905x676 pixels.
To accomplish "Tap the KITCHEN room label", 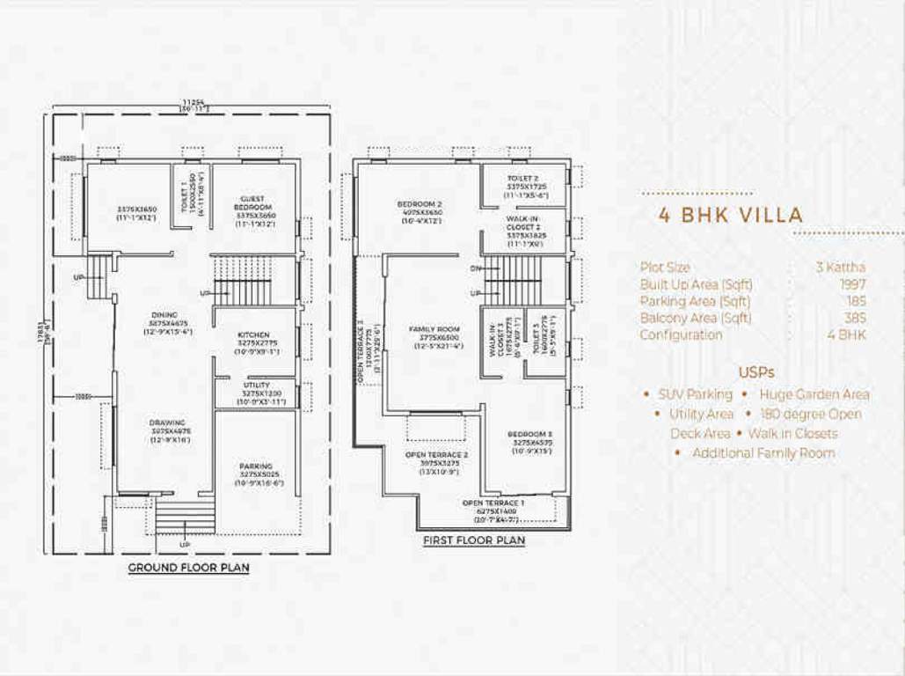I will pyautogui.click(x=254, y=335).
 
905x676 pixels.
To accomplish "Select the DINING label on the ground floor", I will pyautogui.click(x=164, y=315).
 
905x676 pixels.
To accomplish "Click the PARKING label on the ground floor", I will pyautogui.click(x=256, y=467).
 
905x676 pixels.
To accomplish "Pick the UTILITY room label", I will pyautogui.click(x=256, y=386).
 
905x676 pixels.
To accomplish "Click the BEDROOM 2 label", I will pyautogui.click(x=420, y=204).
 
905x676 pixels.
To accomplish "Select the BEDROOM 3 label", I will pyautogui.click(x=529, y=435).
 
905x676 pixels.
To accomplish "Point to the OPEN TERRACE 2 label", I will pyautogui.click(x=436, y=455).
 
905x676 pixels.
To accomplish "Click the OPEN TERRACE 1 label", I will pyautogui.click(x=493, y=503).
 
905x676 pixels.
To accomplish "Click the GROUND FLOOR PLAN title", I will pyautogui.click(x=188, y=568).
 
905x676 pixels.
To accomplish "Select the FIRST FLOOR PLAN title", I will pyautogui.click(x=473, y=540).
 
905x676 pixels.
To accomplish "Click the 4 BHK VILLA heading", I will pyautogui.click(x=731, y=216).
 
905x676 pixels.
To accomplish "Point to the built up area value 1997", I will pyautogui.click(x=852, y=284).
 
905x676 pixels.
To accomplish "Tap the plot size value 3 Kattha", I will pyautogui.click(x=840, y=268).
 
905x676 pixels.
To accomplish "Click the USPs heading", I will pyautogui.click(x=755, y=372).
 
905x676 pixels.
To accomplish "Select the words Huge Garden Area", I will pyautogui.click(x=814, y=394).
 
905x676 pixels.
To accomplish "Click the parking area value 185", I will pyautogui.click(x=855, y=301).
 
